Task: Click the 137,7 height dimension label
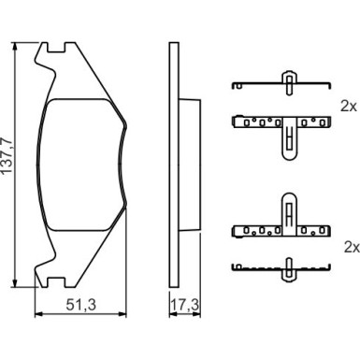(7, 155)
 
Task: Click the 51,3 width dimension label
(81, 305)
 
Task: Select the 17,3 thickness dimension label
(185, 305)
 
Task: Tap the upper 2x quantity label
(349, 107)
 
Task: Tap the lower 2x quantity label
(352, 248)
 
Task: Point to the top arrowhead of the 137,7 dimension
(14, 46)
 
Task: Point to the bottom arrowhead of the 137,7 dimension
(14, 282)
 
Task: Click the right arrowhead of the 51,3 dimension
(122, 314)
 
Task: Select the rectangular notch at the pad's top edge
(56, 48)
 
